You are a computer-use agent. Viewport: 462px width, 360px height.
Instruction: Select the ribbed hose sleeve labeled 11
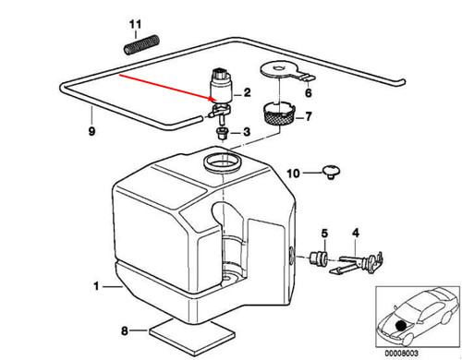[x=138, y=46]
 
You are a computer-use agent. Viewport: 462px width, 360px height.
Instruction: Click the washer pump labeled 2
[x=222, y=86]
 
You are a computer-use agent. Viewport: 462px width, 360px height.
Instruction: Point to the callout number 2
[x=248, y=92]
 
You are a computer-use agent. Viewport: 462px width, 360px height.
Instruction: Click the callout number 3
[x=247, y=133]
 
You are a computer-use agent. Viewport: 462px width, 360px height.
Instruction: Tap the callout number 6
[x=308, y=93]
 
